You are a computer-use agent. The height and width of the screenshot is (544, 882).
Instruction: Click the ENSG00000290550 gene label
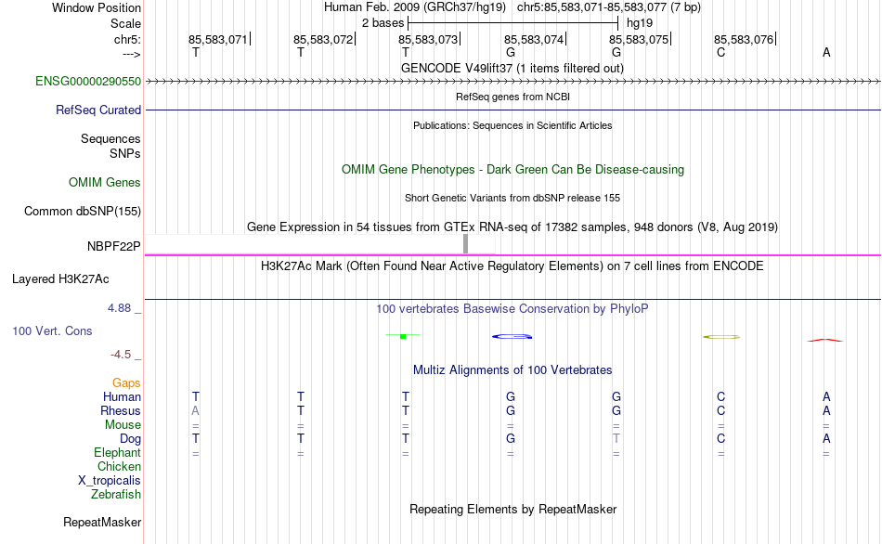pyautogui.click(x=88, y=81)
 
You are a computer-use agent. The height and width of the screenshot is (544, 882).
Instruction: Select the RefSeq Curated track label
pyautogui.click(x=98, y=110)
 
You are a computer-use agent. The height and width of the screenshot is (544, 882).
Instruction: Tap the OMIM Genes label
pyautogui.click(x=105, y=182)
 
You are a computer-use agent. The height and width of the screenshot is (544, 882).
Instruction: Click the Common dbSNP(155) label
pyautogui.click(x=83, y=211)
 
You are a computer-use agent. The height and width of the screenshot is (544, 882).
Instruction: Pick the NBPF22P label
pyautogui.click(x=113, y=246)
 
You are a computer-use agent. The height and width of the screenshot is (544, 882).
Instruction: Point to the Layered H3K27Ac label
pyautogui.click(x=60, y=279)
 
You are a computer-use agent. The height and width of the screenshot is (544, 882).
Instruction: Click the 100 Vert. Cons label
pyautogui.click(x=52, y=330)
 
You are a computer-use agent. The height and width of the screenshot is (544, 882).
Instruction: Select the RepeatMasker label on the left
pyautogui.click(x=102, y=522)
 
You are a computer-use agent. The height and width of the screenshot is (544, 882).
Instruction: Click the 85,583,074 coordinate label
pyautogui.click(x=534, y=39)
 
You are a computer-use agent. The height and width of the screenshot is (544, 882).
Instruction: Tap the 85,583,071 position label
pyautogui.click(x=217, y=39)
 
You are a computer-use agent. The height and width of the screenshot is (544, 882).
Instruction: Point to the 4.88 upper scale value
pyautogui.click(x=119, y=307)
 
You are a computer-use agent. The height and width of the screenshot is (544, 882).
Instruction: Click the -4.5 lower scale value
pyautogui.click(x=121, y=355)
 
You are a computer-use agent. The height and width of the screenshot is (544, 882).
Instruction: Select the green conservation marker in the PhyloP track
pyautogui.click(x=403, y=336)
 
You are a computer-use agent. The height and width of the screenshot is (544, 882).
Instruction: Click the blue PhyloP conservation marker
pyautogui.click(x=512, y=336)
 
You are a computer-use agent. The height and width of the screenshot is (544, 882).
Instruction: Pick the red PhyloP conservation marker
pyautogui.click(x=825, y=340)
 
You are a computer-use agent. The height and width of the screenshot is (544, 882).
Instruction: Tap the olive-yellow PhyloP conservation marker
pyautogui.click(x=721, y=337)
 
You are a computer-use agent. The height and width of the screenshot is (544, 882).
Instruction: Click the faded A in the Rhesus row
pyautogui.click(x=195, y=410)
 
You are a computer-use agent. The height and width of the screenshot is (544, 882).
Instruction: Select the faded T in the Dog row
pyautogui.click(x=616, y=438)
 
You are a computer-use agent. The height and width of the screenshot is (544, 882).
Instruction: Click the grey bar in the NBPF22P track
pyautogui.click(x=465, y=244)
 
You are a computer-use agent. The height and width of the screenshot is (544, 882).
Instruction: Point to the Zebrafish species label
pyautogui.click(x=116, y=494)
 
